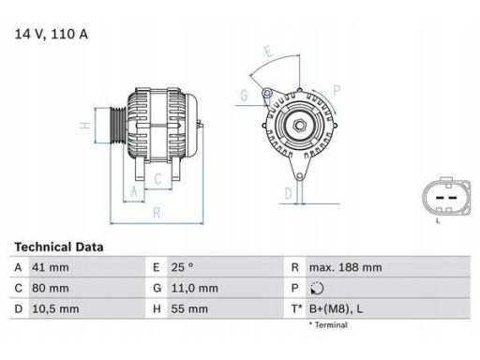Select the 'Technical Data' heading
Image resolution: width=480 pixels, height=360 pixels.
point(59,247)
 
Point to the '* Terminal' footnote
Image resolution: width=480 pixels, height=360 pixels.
point(327,324)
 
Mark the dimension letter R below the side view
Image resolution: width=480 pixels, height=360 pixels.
point(156,212)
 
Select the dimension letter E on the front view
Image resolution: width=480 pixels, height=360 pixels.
point(267,52)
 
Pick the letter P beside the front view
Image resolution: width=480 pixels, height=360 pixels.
point(336,89)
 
